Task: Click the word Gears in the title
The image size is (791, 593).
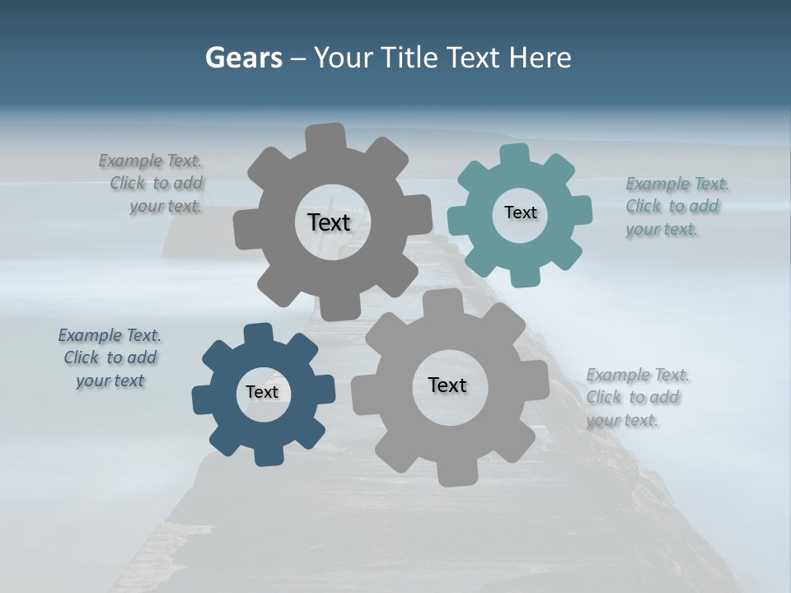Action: tap(243, 58)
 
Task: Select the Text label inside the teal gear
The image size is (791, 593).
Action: tap(520, 212)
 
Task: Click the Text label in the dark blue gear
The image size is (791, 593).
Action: tap(262, 392)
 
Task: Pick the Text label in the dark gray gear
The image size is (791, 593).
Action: tap(329, 222)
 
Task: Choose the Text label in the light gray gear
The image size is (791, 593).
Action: tap(447, 385)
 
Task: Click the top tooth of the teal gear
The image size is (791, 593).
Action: tap(515, 155)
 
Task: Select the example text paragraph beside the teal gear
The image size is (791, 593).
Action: tap(677, 207)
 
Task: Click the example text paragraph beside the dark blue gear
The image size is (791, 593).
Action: tap(110, 357)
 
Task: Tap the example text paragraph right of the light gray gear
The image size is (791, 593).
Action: tap(637, 397)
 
